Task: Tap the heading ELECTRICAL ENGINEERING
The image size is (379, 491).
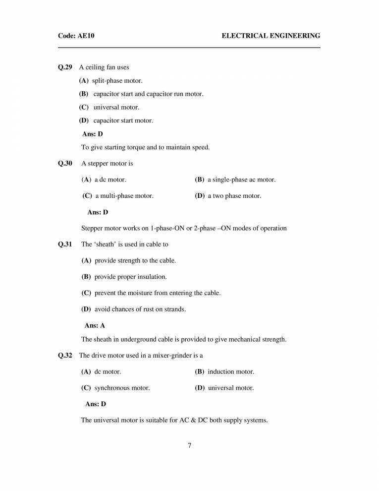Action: (x=271, y=36)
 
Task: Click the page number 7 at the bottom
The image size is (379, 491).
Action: (x=190, y=445)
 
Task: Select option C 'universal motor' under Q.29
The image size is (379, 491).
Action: (x=116, y=107)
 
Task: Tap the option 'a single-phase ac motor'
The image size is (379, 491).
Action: (x=241, y=180)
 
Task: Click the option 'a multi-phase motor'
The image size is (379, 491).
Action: (x=124, y=196)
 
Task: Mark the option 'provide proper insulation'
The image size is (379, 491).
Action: (x=130, y=277)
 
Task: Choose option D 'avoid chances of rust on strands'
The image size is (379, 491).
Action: (x=140, y=309)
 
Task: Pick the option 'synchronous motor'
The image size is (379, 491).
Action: (x=122, y=388)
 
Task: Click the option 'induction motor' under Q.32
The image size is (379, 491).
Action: (x=230, y=371)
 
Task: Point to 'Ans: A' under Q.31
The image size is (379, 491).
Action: (x=95, y=325)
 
